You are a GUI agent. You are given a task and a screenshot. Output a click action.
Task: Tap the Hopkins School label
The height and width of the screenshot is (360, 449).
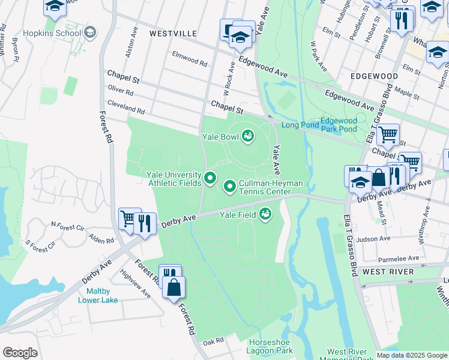click(x=52, y=33)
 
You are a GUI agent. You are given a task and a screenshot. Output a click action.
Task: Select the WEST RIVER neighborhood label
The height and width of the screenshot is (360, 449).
click(x=388, y=272)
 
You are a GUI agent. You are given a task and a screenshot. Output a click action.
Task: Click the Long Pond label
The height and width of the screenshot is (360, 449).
click(x=299, y=125)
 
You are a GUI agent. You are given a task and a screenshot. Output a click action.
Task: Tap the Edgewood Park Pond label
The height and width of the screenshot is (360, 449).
click(x=339, y=125)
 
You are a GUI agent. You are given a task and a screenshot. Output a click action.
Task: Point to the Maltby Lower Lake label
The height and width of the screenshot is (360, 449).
click(x=98, y=296)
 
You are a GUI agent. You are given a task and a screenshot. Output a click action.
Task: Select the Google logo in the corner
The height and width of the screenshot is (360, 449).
click(x=20, y=353)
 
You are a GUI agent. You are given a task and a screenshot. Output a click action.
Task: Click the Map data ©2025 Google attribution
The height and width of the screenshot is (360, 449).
click(x=412, y=355)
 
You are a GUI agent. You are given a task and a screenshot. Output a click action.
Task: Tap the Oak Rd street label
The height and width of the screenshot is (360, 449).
click(x=212, y=341)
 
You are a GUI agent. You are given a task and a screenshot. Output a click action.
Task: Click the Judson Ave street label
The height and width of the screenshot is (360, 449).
click(x=373, y=238)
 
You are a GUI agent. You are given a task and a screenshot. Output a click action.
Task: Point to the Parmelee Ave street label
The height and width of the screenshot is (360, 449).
click(x=399, y=259)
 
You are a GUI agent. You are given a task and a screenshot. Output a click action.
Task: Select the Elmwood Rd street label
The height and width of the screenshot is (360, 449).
click(x=189, y=62)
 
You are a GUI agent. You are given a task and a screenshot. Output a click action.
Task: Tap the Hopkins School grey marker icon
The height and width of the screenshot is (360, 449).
click(x=90, y=32)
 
